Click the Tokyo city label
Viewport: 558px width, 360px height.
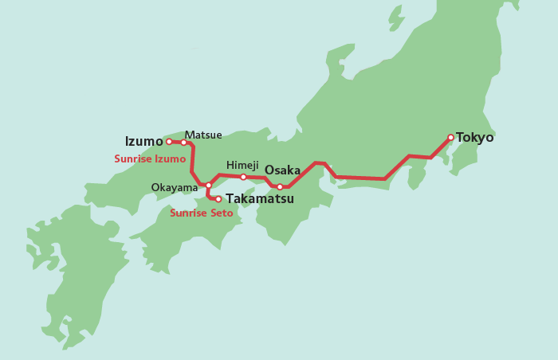point(475,138)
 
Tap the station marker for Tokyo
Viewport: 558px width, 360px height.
point(450,137)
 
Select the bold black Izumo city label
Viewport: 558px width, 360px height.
point(143,142)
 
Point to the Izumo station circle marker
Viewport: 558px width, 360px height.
point(169,142)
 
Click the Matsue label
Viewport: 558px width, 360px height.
point(203,135)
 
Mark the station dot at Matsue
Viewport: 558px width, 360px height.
point(183,143)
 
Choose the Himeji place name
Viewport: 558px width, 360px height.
point(242,165)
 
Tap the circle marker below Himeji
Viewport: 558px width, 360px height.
point(243,177)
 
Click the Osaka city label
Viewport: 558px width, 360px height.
point(282,170)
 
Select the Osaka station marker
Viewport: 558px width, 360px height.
point(280,187)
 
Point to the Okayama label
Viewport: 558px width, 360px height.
point(175,188)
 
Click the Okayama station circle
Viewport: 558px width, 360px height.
point(209,185)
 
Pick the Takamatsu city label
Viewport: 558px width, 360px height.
point(260,199)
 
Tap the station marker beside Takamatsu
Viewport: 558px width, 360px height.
point(218,199)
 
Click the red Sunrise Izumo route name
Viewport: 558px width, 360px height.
point(150,159)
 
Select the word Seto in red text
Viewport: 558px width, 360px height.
point(221,213)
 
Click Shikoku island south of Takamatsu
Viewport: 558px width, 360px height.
point(199,235)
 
